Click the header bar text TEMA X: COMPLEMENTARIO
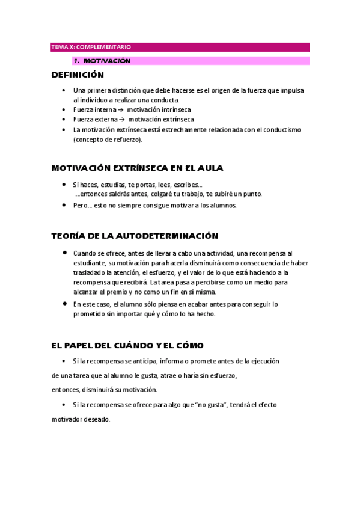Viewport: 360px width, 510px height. pyautogui.click(x=91, y=47)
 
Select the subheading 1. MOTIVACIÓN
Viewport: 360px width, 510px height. pyautogui.click(x=101, y=61)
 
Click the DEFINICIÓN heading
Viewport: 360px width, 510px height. pyautogui.click(x=78, y=75)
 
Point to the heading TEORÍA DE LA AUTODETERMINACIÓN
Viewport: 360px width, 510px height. pyautogui.click(x=135, y=236)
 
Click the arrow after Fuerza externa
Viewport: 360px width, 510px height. pyautogui.click(x=121, y=120)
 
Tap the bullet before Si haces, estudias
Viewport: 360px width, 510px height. pyautogui.click(x=64, y=185)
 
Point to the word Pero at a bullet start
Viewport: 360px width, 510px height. pyautogui.click(x=81, y=205)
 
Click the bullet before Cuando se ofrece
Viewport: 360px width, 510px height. pyautogui.click(x=64, y=253)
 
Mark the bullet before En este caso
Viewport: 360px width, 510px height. pyautogui.click(x=64, y=304)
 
